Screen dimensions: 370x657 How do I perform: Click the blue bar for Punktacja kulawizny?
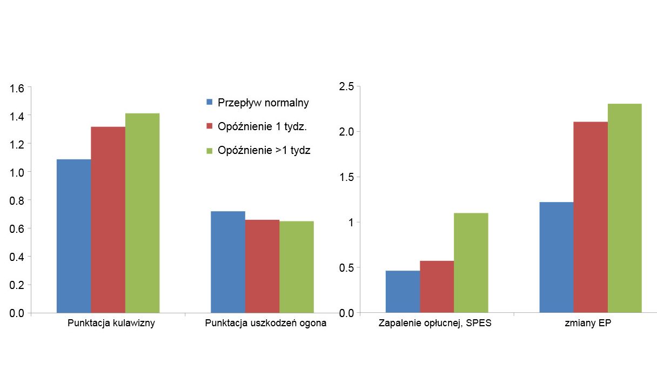click(x=73, y=236)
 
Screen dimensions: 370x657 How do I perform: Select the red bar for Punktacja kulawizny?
click(x=108, y=219)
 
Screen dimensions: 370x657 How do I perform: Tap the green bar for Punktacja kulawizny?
click(x=142, y=213)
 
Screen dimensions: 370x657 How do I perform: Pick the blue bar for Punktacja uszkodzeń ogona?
click(x=227, y=261)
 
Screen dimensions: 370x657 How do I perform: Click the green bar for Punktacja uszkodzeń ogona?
click(x=296, y=266)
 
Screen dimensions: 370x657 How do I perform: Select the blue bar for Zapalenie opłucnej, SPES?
click(x=403, y=291)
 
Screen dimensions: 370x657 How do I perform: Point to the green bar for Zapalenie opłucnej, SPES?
click(x=471, y=263)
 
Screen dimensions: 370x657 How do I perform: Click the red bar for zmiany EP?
click(x=590, y=217)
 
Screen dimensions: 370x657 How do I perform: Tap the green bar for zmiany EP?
click(x=625, y=208)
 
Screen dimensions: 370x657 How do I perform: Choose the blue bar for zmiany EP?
click(x=556, y=257)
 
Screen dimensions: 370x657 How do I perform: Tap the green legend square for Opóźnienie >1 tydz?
click(x=210, y=151)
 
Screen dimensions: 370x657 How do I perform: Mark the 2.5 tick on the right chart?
click(x=346, y=86)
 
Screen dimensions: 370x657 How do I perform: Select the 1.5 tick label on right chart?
click(x=346, y=177)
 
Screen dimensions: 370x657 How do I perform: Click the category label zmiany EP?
click(x=590, y=324)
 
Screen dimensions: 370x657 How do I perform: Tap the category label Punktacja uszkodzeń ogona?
click(x=266, y=324)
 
